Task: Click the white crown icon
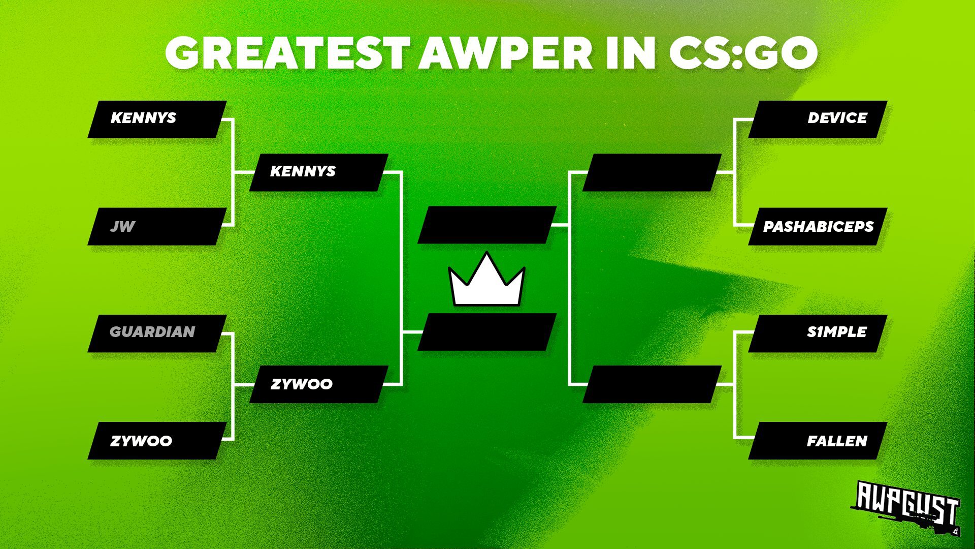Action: click(486, 281)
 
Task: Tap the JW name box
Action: click(157, 226)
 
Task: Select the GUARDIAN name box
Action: click(157, 333)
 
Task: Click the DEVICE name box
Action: click(818, 119)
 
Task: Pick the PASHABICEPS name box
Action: click(818, 226)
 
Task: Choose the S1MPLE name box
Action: click(818, 333)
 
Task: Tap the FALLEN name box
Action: click(818, 441)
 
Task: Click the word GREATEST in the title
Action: click(287, 53)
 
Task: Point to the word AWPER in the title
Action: click(505, 53)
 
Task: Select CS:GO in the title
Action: click(743, 53)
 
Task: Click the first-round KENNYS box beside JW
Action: click(157, 119)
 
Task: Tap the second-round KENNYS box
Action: click(319, 172)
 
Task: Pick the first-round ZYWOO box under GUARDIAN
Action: click(157, 441)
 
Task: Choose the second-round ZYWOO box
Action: click(319, 384)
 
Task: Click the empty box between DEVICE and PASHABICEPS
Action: click(652, 172)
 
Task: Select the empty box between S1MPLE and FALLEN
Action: click(652, 384)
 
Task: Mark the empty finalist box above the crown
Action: click(487, 225)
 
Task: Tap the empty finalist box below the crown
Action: click(487, 332)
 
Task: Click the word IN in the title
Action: click(630, 53)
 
